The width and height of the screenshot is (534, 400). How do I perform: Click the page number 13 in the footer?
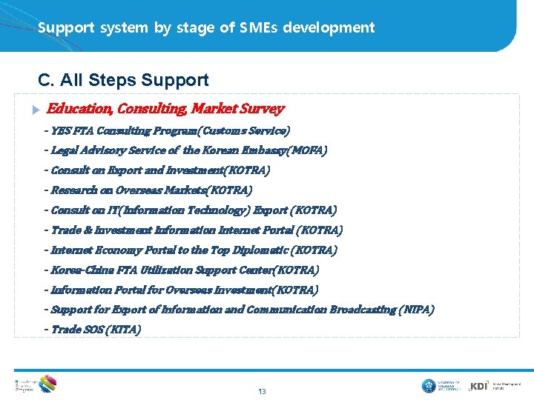(x=262, y=391)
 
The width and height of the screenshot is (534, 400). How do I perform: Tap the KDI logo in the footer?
(x=479, y=386)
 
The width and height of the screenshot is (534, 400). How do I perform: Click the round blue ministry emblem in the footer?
(x=429, y=386)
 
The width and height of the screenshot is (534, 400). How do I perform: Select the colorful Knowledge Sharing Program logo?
(x=46, y=384)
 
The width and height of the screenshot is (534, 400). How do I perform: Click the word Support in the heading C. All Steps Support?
(x=177, y=80)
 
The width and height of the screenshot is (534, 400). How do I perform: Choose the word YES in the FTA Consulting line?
(x=61, y=131)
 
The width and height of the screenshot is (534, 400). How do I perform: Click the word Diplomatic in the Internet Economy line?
(x=264, y=250)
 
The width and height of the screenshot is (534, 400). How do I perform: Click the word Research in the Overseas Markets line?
(x=74, y=190)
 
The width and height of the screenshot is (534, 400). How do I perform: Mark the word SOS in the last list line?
(x=93, y=330)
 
